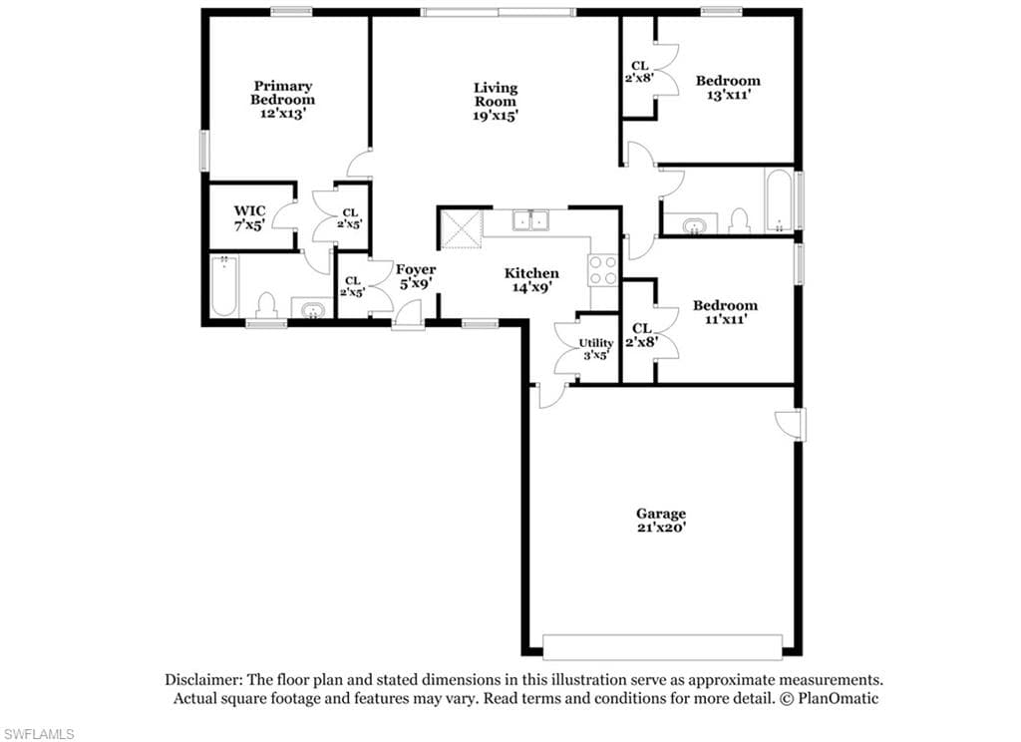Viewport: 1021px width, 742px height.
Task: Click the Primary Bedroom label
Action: (x=282, y=93)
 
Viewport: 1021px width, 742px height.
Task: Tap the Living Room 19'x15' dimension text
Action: (x=496, y=116)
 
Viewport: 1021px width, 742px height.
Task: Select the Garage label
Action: (x=661, y=514)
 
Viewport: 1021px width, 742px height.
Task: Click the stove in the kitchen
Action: (x=602, y=269)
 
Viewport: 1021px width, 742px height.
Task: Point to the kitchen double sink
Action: (x=530, y=220)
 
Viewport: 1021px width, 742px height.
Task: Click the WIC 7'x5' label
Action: (x=250, y=218)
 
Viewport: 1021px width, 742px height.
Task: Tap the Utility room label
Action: (x=596, y=343)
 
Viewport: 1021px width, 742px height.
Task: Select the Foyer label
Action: (x=416, y=269)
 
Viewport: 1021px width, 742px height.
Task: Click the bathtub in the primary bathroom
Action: (x=224, y=286)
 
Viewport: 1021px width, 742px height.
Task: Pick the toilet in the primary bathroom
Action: (x=265, y=305)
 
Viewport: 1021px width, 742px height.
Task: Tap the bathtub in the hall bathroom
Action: (x=779, y=199)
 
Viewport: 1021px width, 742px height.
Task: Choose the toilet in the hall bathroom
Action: (x=739, y=220)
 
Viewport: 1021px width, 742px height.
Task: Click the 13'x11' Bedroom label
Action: (x=728, y=88)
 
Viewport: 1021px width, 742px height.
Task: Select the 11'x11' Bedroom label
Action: (x=726, y=312)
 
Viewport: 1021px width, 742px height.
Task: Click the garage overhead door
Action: (x=662, y=647)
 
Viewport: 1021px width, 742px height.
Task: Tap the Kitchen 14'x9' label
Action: (x=531, y=279)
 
